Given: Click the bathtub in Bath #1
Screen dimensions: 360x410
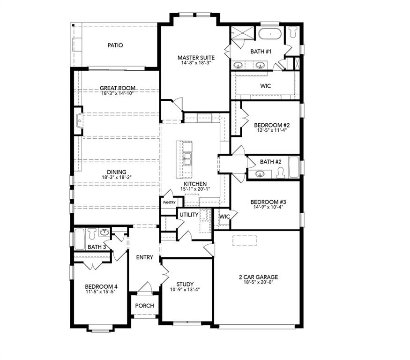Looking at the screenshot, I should (x=270, y=35).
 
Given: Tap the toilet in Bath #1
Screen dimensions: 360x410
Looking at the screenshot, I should (x=293, y=32).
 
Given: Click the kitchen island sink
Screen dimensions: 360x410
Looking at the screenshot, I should (x=187, y=158).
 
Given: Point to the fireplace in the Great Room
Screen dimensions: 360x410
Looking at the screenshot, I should (x=78, y=120).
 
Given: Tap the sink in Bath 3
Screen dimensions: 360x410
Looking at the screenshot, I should (x=104, y=232).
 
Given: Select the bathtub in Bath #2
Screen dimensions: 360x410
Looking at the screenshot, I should (x=294, y=168).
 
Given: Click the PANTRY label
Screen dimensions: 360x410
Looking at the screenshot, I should (x=169, y=202).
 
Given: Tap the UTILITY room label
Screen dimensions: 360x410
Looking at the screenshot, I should (x=188, y=215).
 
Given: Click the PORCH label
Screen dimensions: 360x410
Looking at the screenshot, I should (x=144, y=306).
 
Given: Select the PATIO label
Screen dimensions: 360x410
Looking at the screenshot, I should (x=115, y=45).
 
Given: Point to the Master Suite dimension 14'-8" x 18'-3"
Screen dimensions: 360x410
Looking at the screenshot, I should (x=196, y=63).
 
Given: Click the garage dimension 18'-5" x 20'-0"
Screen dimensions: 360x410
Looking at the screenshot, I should (x=258, y=282).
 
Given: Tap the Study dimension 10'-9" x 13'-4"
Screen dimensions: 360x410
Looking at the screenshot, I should (x=185, y=290).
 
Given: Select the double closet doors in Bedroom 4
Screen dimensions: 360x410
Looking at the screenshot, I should (x=92, y=266).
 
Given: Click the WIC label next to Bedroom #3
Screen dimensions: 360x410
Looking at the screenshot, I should (x=224, y=217).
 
